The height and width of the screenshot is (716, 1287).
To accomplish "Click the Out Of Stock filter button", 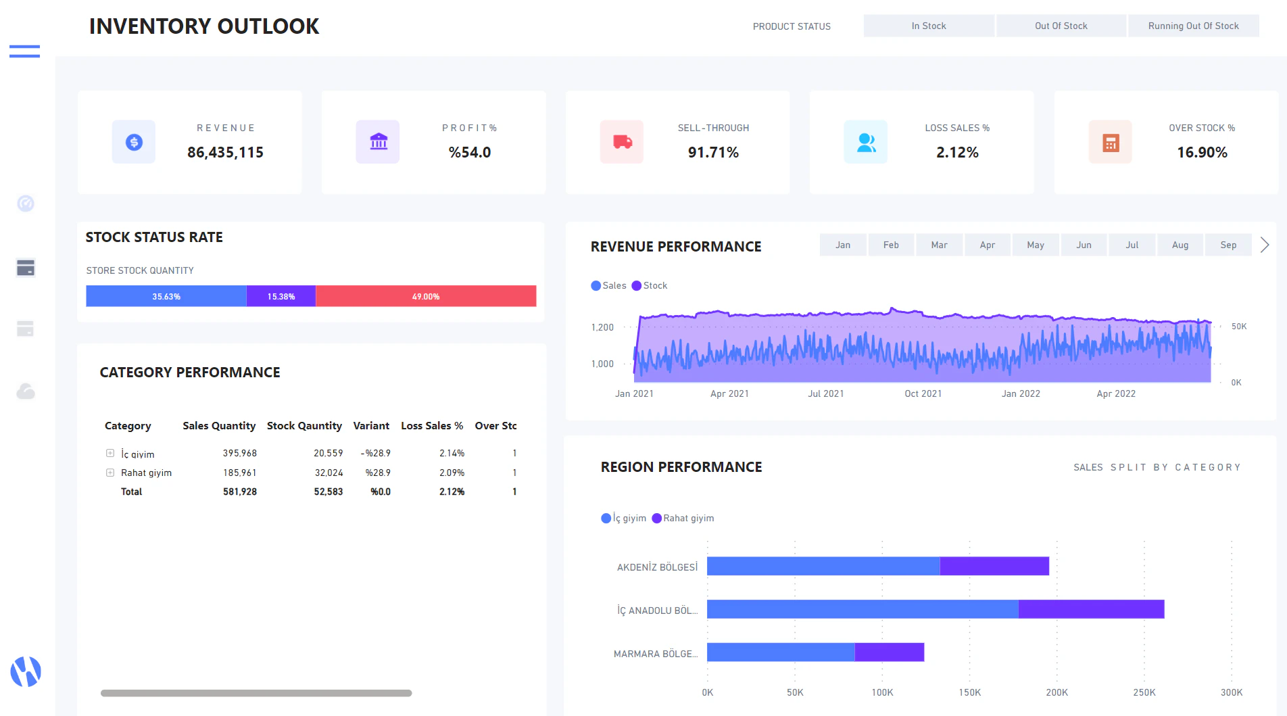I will click(x=1061, y=26).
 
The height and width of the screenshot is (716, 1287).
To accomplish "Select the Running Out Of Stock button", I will click(x=1193, y=26).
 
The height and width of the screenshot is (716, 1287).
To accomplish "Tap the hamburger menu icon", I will click(x=24, y=51).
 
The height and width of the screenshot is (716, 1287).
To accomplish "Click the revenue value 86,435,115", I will click(x=225, y=153).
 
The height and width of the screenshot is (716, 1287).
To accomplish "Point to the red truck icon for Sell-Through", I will click(x=622, y=142).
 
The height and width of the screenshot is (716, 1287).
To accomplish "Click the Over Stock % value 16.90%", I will click(x=1202, y=153).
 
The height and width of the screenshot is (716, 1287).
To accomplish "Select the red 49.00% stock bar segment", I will click(x=426, y=296).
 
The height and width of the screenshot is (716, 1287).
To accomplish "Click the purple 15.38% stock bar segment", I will click(x=281, y=296).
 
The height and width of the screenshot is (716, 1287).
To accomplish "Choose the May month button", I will click(x=1035, y=245).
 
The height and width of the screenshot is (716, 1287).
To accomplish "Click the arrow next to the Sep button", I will click(x=1265, y=245).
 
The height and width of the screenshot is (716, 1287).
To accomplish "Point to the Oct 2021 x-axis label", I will click(x=923, y=393).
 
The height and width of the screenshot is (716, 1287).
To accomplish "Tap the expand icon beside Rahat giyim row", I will click(x=110, y=473).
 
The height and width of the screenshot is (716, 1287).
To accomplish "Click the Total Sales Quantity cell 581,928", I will click(x=240, y=492).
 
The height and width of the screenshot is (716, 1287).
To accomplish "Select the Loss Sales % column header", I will click(x=432, y=425).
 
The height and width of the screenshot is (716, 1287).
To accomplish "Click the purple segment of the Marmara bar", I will click(x=889, y=652).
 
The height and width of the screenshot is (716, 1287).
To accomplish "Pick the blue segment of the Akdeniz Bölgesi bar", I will click(x=823, y=566).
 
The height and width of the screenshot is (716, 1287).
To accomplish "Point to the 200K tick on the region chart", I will click(x=1057, y=692).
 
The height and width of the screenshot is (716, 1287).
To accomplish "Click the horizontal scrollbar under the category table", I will click(x=256, y=693).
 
